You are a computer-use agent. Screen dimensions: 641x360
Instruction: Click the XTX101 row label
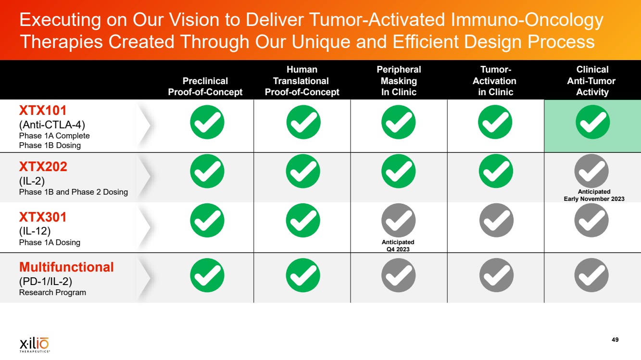coord(43,111)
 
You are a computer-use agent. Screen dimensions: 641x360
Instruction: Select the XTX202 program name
coord(43,166)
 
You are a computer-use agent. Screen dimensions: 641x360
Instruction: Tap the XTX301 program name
coord(43,217)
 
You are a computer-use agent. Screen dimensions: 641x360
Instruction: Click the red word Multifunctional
coord(66,267)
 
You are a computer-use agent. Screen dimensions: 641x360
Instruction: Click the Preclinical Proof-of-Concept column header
coord(205,87)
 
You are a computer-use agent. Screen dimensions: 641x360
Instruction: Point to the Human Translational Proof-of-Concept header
coord(302,81)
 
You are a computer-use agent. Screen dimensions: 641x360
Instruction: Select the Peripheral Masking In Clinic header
coord(399,81)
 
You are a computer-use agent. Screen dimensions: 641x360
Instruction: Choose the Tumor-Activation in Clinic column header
coord(494,81)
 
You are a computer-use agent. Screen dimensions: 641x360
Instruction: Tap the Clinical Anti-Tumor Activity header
coord(591,81)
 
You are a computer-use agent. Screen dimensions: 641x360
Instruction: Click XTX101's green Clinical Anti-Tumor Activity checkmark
coord(592,122)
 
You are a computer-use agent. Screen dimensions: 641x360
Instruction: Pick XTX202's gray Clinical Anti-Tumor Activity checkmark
coord(591,171)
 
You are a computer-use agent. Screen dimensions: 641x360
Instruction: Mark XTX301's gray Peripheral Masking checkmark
coord(398,221)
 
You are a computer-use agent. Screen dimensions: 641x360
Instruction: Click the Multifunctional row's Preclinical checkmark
coord(207,275)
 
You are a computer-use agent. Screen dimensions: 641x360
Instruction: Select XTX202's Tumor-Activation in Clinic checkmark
coord(496,171)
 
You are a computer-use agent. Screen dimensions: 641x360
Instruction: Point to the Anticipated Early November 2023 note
coord(594,195)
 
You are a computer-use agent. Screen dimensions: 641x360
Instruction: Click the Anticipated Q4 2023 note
coord(398,246)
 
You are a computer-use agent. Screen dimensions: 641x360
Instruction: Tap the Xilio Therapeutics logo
coord(35,345)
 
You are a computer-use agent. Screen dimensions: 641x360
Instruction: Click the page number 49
coord(615,340)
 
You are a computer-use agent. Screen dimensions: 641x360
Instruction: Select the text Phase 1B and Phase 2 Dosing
coord(73,192)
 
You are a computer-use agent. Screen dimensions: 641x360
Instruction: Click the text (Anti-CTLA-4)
coord(52,124)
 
